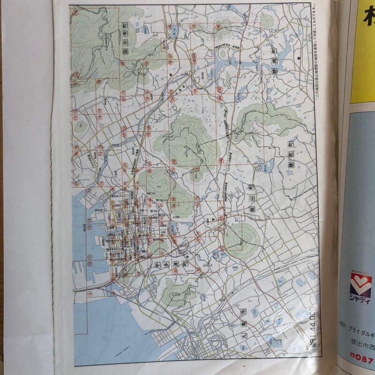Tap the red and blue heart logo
click(x=360, y=284)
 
